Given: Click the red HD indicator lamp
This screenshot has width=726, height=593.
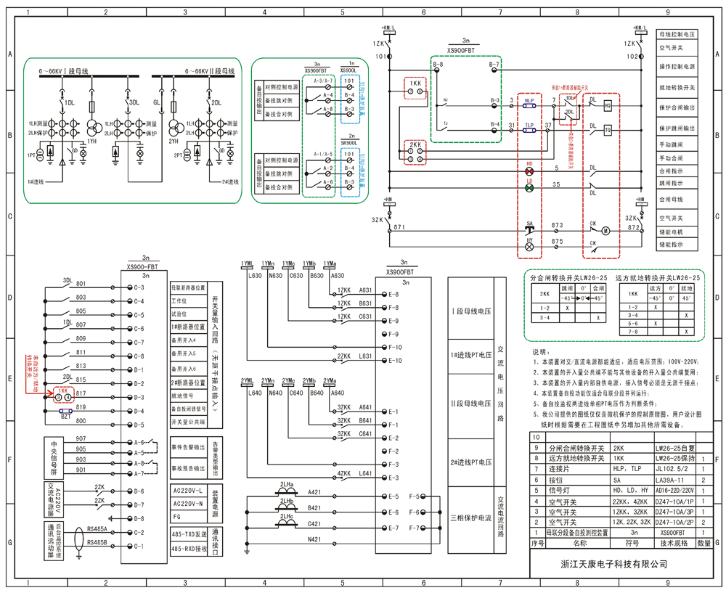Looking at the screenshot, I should pyautogui.click(x=529, y=172).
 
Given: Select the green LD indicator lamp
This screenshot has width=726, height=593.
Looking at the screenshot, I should pyautogui.click(x=529, y=189).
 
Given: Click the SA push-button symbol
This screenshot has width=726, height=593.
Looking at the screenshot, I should pyautogui.click(x=529, y=230).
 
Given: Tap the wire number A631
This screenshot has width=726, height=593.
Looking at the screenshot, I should pyautogui.click(x=365, y=290).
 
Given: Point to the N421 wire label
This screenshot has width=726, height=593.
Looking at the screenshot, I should pyautogui.click(x=314, y=539).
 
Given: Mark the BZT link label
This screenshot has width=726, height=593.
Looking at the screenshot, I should pyautogui.click(x=65, y=417).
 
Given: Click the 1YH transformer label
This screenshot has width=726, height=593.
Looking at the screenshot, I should pyautogui.click(x=92, y=142).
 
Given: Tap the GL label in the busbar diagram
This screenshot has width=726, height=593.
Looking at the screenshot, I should pyautogui.click(x=157, y=103).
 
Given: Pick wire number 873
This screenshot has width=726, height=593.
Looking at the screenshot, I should pyautogui.click(x=557, y=226).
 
